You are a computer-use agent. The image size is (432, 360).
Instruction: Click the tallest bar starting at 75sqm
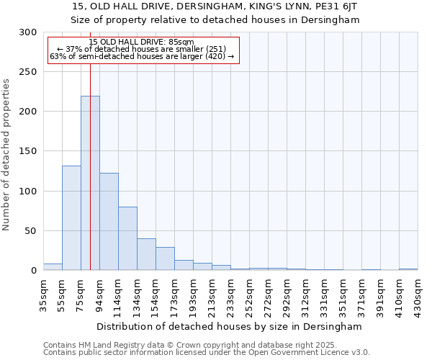tap(90, 184)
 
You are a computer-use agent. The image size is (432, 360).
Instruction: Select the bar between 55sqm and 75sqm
tap(71, 218)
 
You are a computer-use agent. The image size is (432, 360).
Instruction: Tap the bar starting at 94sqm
tap(109, 222)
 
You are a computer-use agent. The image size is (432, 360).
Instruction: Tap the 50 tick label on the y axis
tap(31, 231)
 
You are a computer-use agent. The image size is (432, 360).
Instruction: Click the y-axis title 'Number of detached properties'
tap(6, 155)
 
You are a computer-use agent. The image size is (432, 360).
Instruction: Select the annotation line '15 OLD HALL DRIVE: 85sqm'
tap(142, 42)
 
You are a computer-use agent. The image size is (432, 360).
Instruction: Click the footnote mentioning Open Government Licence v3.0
tap(207, 352)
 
